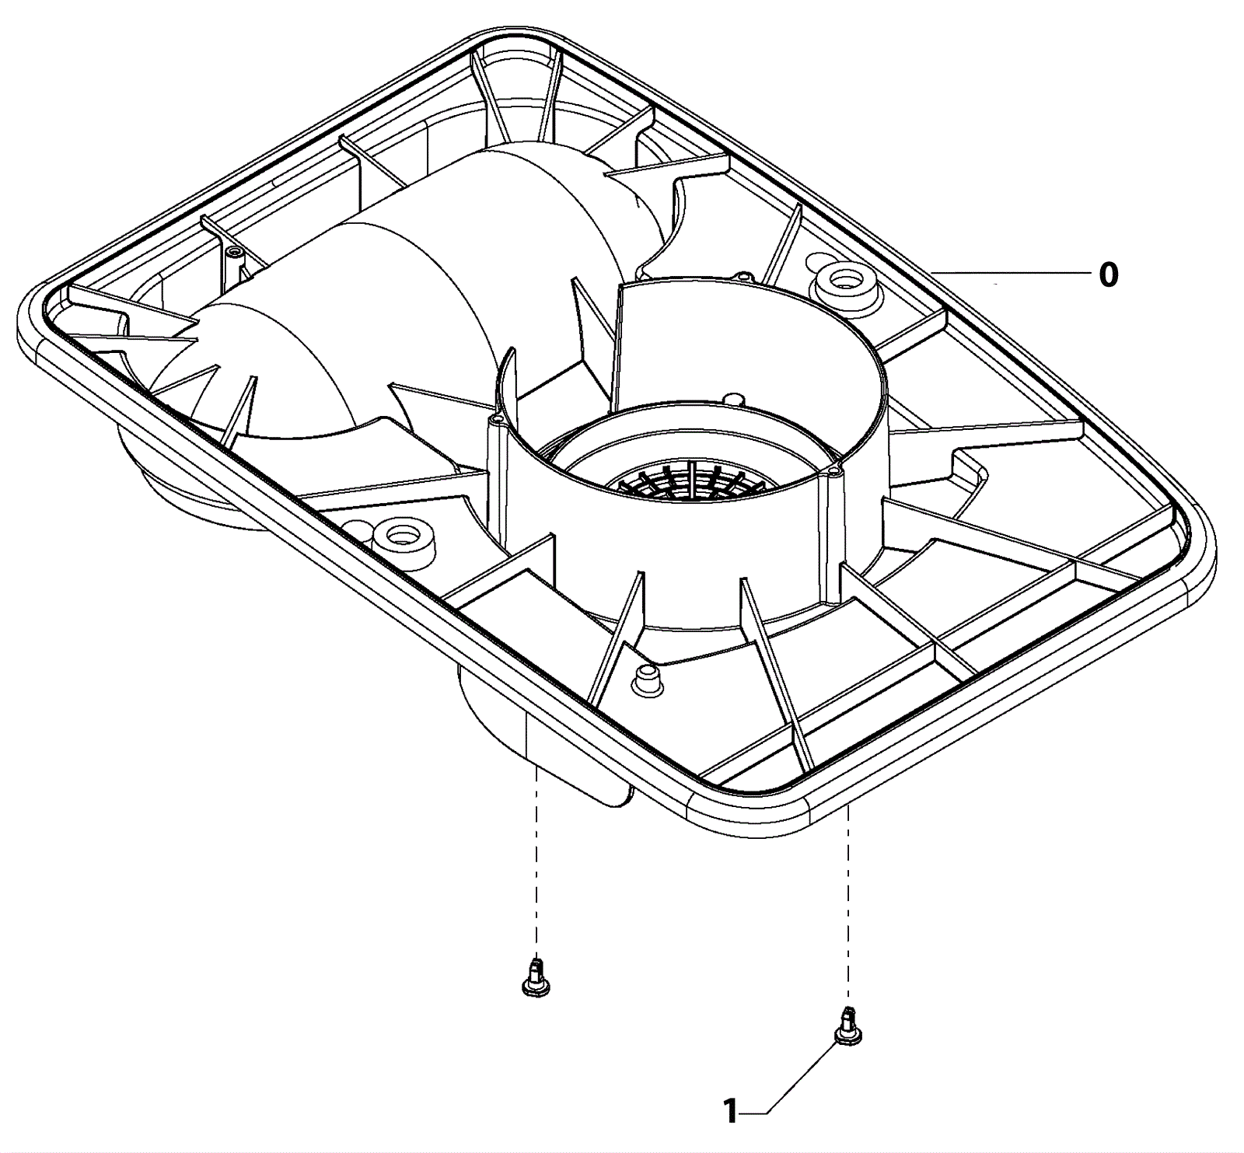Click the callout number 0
(x=1108, y=275)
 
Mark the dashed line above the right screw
(x=848, y=902)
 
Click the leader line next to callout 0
(x=1011, y=273)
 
